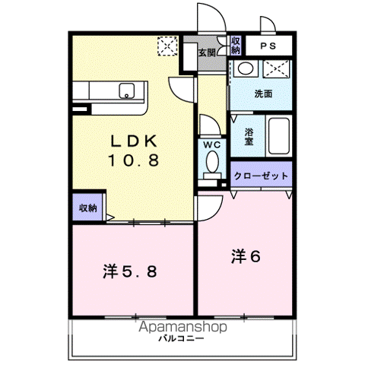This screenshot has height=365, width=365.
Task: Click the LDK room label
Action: coord(135,141)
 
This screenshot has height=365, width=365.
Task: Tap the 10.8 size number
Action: coord(135,160)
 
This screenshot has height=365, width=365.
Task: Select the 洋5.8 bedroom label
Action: coord(130,271)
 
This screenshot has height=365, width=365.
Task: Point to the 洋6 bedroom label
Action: coord(246,256)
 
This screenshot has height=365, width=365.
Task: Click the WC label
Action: coord(211,144)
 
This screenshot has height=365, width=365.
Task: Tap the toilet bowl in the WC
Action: coord(211,162)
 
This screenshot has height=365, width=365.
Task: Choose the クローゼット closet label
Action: coord(261,175)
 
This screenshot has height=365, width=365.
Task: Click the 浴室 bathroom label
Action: coord(249,136)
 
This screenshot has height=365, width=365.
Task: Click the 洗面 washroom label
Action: coord(263,95)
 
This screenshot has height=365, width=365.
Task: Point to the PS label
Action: coord(270,46)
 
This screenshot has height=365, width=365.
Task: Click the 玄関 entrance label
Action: coord(206,53)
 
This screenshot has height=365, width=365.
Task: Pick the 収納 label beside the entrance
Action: coord(236,46)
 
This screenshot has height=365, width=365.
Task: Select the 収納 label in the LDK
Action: coord(88,208)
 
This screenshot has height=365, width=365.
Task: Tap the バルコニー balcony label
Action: coord(181,339)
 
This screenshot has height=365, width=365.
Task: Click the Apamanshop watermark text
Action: coord(182,328)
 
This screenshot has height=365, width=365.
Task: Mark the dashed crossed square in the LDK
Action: coord(167,47)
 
